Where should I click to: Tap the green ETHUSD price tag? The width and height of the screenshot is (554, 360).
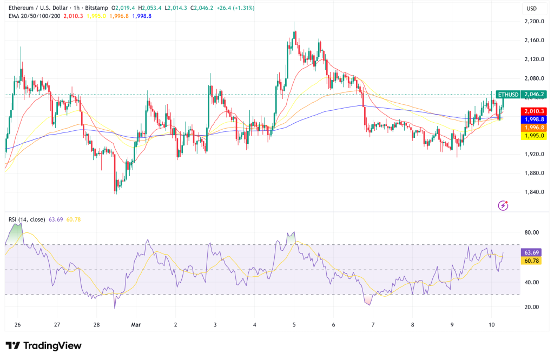coord(507,95)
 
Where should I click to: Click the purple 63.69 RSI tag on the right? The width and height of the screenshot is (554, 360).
coord(530,252)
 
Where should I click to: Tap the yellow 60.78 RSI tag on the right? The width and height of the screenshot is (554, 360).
coord(530,261)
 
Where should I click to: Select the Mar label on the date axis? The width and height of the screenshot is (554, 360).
coord(136,325)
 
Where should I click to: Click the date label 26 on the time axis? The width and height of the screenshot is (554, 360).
coord(18,325)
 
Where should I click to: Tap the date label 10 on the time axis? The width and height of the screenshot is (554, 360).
coord(491,325)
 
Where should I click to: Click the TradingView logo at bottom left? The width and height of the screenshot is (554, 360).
coord(43,345)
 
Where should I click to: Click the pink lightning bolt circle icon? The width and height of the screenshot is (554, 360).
coord(504,205)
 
